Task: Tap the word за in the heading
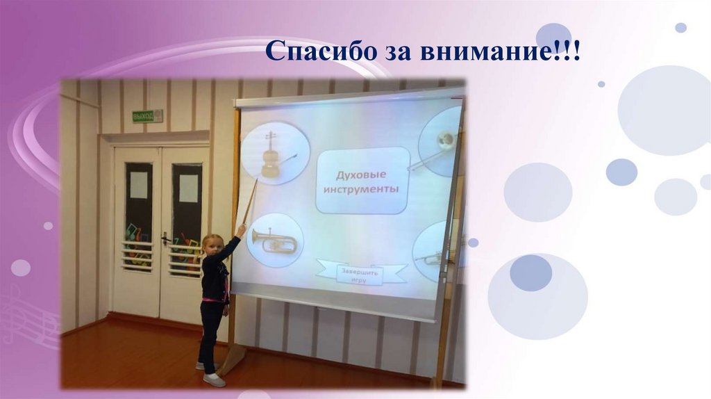398,53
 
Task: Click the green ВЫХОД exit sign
147,116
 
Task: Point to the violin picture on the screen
274,155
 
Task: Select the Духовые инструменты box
362,180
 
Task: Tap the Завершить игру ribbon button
360,272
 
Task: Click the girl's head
212,245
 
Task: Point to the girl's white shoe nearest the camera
215,380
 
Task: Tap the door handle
165,238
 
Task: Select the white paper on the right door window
189,188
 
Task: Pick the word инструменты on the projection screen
361,189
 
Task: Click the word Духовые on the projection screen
361,174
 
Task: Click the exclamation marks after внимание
567,51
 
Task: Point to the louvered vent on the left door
137,256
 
